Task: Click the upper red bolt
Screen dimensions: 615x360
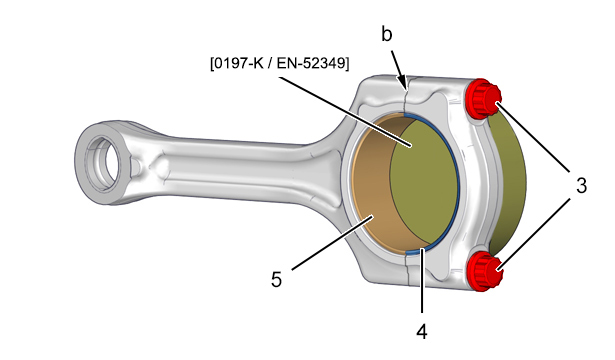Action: coord(482,98)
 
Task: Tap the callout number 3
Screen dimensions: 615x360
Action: coord(581,185)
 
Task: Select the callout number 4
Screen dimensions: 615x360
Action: coord(422,332)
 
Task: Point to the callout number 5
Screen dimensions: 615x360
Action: coord(276,280)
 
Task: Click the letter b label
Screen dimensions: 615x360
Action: coord(386,34)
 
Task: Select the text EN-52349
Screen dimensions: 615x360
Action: coord(311,63)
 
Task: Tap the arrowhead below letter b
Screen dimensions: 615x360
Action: coord(402,82)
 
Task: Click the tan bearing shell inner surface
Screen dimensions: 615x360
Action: coord(377,184)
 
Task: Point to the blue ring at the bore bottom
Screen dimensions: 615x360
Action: coord(417,251)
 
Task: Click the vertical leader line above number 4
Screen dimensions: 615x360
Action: coord(422,280)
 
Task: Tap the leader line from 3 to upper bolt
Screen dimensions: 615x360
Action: coord(533,137)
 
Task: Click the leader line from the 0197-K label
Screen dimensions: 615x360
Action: coord(345,112)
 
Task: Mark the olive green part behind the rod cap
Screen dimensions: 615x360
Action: coord(507,184)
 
